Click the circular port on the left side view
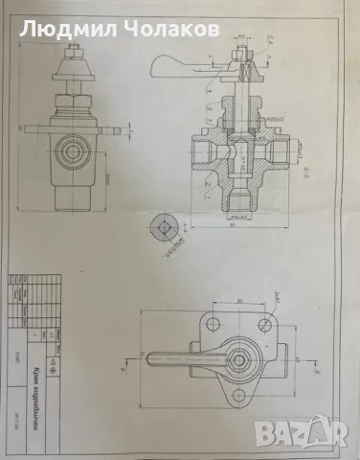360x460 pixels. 70,149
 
